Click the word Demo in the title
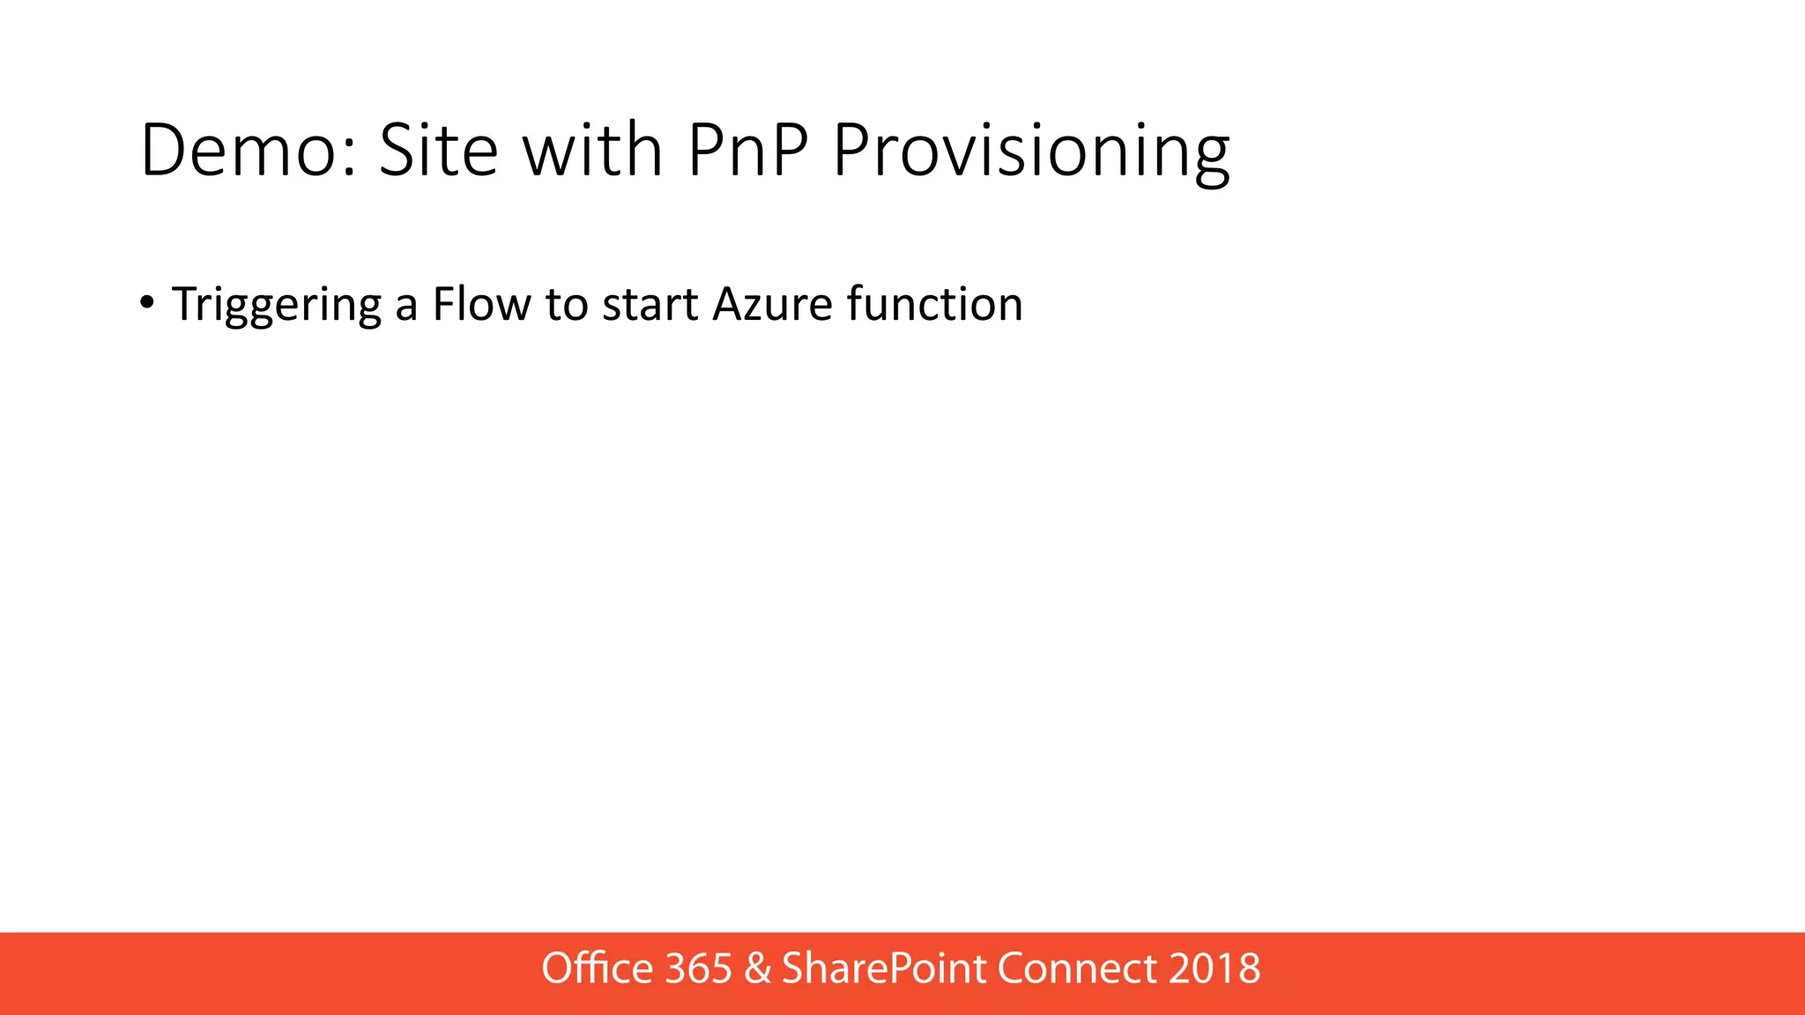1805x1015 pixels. click(x=238, y=151)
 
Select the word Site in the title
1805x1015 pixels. click(x=438, y=151)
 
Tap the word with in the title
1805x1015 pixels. click(x=592, y=151)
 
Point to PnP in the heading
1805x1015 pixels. click(x=747, y=151)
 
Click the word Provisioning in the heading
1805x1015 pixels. click(x=1030, y=151)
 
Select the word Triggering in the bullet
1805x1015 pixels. click(x=277, y=306)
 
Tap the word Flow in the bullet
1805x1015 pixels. click(x=481, y=304)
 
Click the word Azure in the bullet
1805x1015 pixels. click(x=772, y=304)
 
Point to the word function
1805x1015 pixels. click(x=934, y=304)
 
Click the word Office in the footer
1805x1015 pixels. click(x=597, y=968)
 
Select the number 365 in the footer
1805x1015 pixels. click(x=698, y=968)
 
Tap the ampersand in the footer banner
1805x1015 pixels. click(x=757, y=968)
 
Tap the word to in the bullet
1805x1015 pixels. click(x=566, y=304)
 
